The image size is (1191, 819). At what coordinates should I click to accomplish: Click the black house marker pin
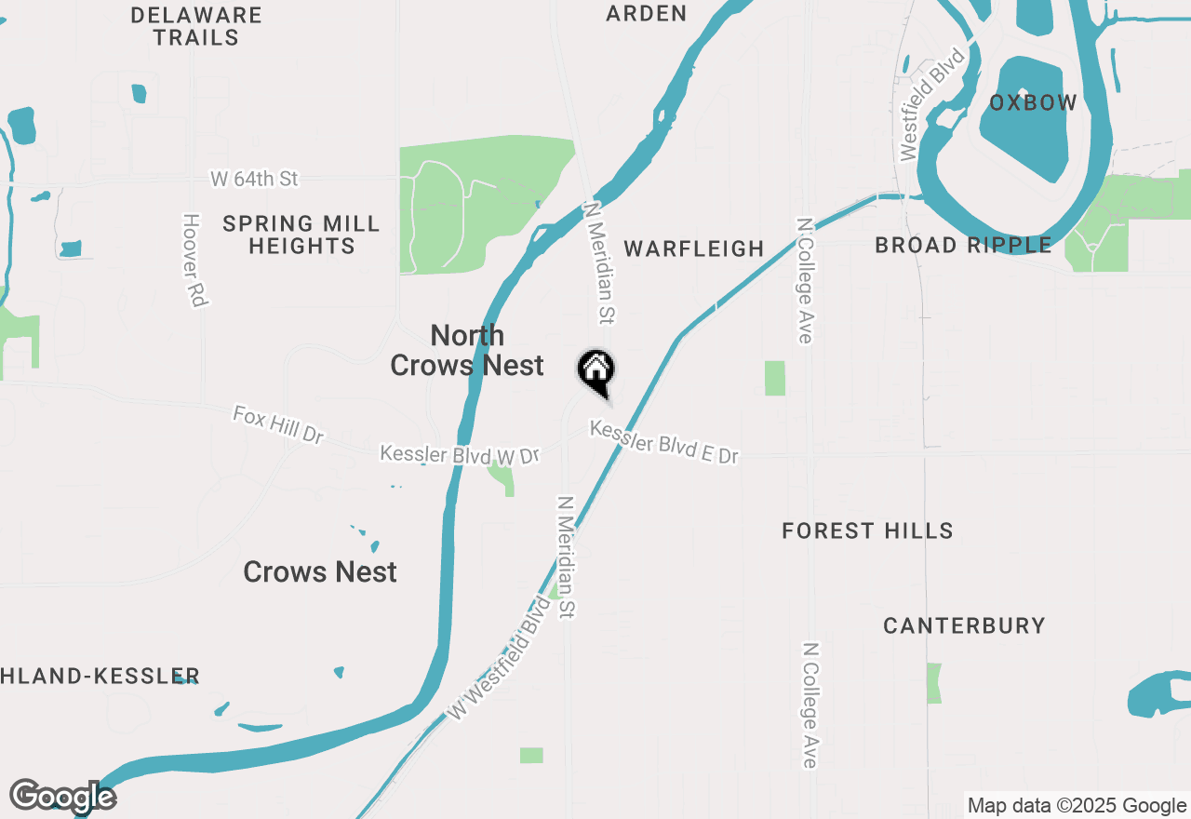click(596, 372)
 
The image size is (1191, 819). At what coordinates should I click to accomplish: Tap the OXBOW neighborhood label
click(1033, 103)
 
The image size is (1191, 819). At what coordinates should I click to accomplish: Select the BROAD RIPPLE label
click(964, 245)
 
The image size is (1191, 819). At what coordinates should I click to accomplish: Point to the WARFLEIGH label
click(694, 248)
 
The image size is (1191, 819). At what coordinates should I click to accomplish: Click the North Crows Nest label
click(467, 350)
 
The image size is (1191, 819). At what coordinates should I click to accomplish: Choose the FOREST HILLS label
click(867, 530)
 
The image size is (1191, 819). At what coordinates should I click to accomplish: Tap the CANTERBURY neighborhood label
click(964, 625)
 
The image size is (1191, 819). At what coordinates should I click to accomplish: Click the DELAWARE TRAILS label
click(196, 26)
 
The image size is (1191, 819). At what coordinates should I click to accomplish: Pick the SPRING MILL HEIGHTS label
click(301, 235)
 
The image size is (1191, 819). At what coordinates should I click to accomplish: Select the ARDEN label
click(647, 13)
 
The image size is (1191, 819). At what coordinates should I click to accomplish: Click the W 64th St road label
click(254, 178)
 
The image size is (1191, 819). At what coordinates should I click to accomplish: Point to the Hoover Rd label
click(193, 261)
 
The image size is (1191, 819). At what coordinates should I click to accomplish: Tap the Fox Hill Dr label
click(278, 423)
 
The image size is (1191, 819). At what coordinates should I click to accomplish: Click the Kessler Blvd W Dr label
click(460, 454)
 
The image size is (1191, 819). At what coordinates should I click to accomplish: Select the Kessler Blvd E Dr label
click(664, 442)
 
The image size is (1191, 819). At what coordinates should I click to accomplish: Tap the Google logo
click(63, 797)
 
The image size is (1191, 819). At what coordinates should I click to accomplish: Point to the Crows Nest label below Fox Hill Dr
click(320, 571)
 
